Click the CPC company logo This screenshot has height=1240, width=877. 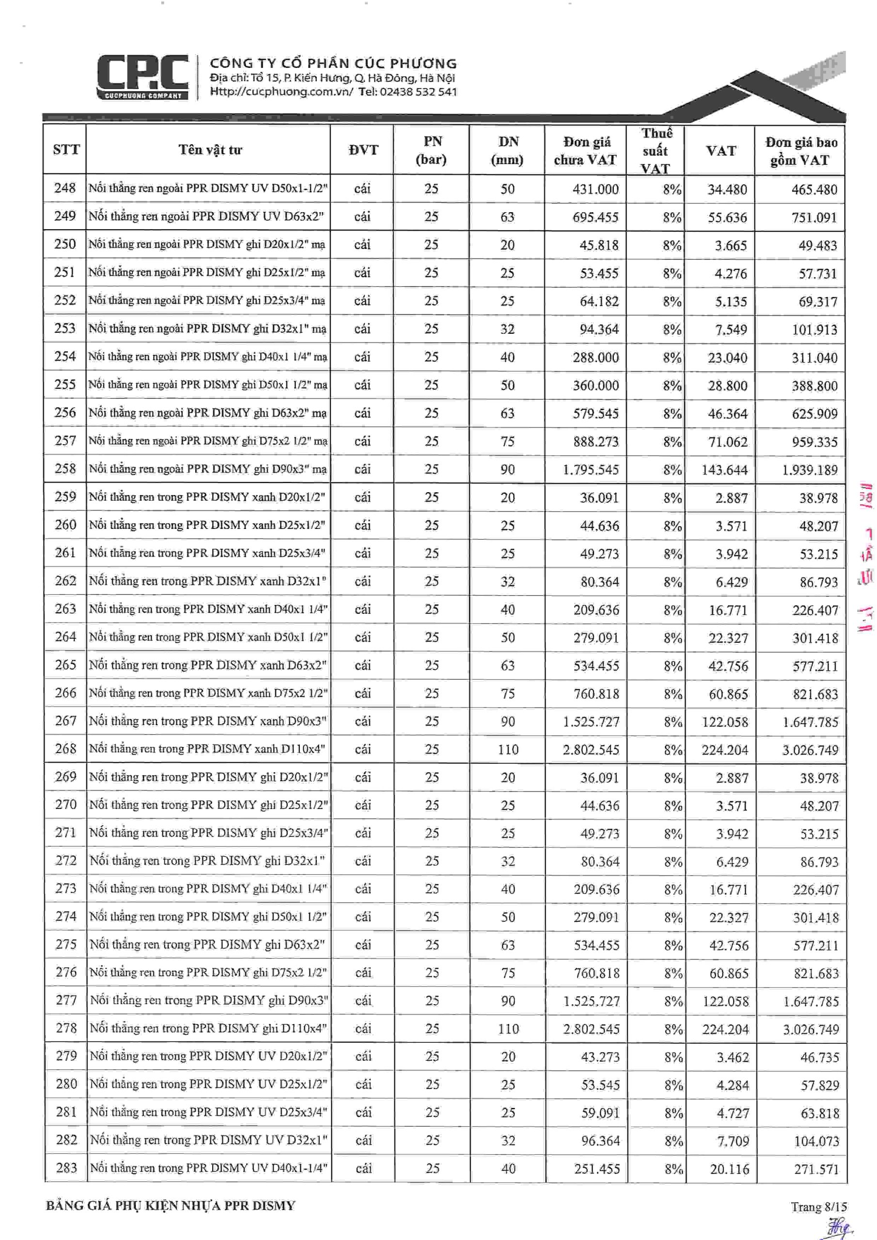(x=142, y=77)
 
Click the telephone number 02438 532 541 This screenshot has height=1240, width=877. (x=418, y=92)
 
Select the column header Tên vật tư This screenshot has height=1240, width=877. (x=210, y=150)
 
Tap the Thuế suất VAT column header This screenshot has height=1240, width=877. (x=656, y=151)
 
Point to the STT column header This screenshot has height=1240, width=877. (x=66, y=150)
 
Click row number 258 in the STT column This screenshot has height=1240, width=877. (x=65, y=469)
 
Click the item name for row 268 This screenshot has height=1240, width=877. (x=207, y=749)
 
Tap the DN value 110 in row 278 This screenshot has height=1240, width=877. (x=508, y=1029)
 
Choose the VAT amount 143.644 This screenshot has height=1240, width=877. (x=725, y=470)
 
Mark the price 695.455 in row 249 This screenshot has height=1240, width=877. (x=595, y=217)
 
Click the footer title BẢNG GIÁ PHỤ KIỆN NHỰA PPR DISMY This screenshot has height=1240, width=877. (x=171, y=1206)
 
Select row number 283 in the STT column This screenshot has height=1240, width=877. (x=66, y=1168)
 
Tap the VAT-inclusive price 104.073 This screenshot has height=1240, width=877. (x=816, y=1141)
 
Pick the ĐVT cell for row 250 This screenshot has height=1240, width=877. (x=362, y=245)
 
